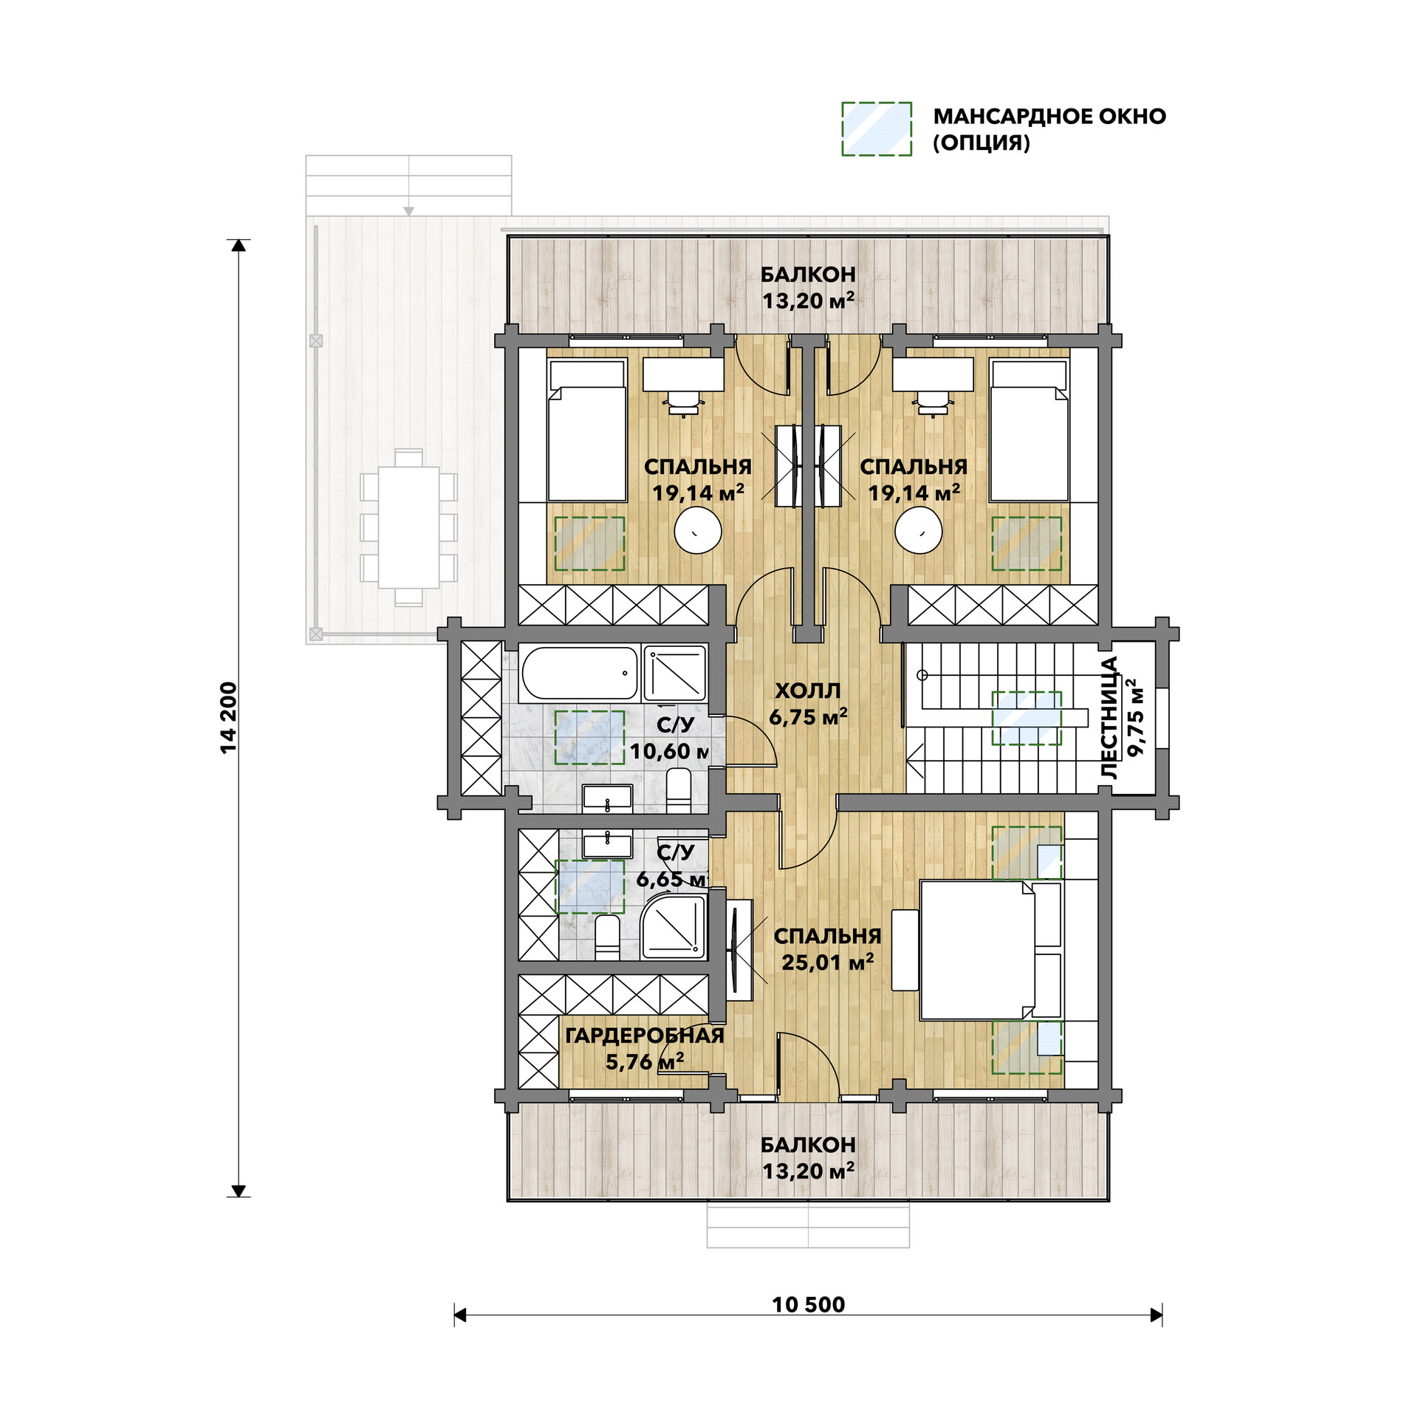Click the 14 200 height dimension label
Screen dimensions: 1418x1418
click(x=230, y=717)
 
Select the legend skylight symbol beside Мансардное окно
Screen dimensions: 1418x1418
click(x=877, y=129)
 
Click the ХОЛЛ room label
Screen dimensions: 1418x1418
click(x=808, y=691)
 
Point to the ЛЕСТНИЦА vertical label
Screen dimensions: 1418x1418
click(x=1110, y=719)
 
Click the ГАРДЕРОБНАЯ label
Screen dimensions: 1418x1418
click(x=644, y=1035)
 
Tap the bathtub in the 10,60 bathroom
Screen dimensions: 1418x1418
click(x=579, y=674)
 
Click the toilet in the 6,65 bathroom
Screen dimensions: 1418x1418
click(x=606, y=938)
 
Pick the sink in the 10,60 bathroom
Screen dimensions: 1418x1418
click(x=607, y=798)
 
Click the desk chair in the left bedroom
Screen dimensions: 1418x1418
click(x=683, y=403)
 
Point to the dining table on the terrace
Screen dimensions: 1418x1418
click(x=408, y=527)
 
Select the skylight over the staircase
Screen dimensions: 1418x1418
click(x=1026, y=718)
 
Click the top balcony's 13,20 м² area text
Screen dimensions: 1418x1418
click(x=808, y=301)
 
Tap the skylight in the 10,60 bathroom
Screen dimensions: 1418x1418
click(x=589, y=737)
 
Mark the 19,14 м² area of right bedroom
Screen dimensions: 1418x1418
click(x=914, y=493)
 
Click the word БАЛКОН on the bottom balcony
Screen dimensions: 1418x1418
click(x=808, y=1144)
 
